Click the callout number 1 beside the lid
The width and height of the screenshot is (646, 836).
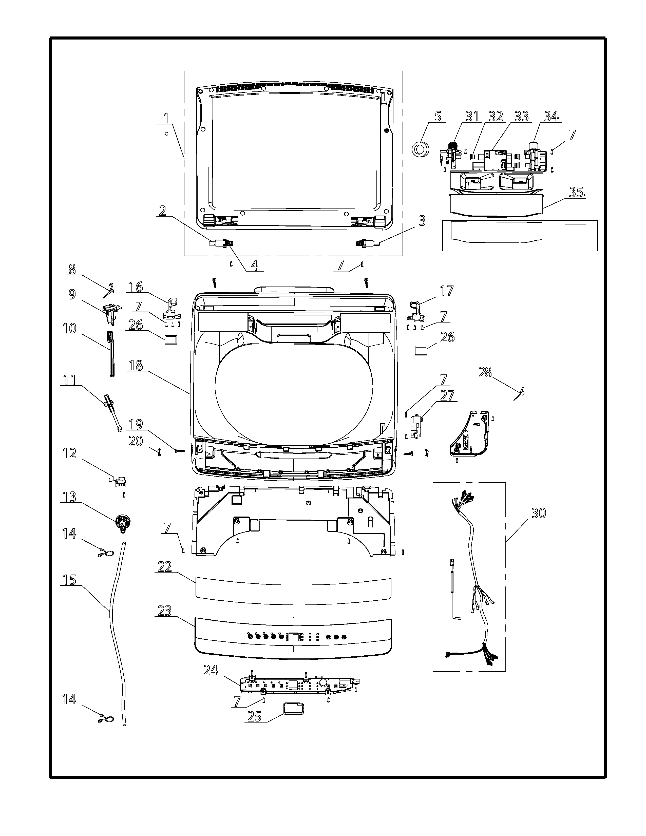(x=166, y=118)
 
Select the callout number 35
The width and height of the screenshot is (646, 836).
(x=577, y=192)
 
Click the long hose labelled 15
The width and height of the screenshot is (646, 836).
(x=117, y=634)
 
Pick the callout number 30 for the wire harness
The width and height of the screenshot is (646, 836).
(x=539, y=512)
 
